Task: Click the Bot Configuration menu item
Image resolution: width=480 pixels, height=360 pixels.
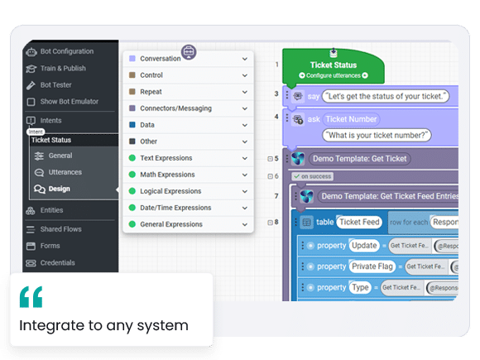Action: pos(66,51)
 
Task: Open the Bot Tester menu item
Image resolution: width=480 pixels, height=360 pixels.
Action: pos(57,84)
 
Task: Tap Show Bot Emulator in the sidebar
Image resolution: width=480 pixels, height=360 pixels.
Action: pos(69,102)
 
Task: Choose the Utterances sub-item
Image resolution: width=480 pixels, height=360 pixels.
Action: pos(65,172)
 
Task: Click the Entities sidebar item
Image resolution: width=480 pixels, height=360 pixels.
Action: pos(51,210)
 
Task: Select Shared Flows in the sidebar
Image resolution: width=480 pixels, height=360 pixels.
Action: pos(60,228)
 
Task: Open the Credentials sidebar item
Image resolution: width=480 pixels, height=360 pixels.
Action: pos(57,263)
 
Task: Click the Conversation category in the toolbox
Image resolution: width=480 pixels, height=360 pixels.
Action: pos(160,59)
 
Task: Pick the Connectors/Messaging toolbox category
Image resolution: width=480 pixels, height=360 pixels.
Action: pos(175,108)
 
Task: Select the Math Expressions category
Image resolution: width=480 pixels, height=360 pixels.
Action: pos(167,175)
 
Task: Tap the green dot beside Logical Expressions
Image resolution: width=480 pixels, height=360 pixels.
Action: pos(132,191)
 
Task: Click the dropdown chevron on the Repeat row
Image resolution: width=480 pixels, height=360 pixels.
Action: pos(244,92)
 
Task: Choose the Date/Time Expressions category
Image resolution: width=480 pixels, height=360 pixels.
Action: pos(175,208)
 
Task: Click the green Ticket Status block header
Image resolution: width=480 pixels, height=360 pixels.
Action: pos(332,65)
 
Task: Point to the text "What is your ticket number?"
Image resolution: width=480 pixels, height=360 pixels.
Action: pos(377,135)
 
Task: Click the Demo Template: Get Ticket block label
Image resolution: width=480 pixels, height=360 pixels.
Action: pos(359,158)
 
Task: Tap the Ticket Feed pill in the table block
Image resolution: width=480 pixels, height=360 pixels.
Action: pos(359,222)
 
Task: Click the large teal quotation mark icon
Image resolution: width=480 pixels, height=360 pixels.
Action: pos(31,297)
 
